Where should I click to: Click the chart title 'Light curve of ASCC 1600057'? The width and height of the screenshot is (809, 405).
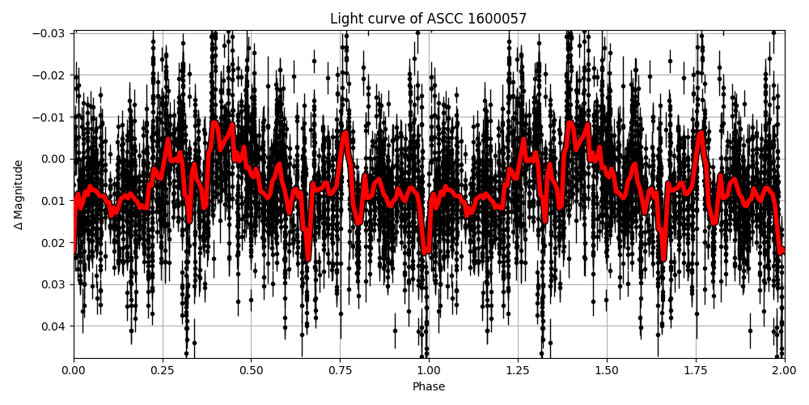pyautogui.click(x=428, y=19)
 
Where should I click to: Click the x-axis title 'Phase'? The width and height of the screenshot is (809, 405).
pyautogui.click(x=428, y=387)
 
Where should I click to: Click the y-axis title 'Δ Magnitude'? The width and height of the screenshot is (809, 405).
pyautogui.click(x=19, y=194)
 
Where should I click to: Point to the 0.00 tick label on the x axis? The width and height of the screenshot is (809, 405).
pyautogui.click(x=74, y=372)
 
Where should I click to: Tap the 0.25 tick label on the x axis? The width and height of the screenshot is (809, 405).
pyautogui.click(x=163, y=372)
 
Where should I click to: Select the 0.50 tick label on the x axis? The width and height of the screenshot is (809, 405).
pyautogui.click(x=251, y=372)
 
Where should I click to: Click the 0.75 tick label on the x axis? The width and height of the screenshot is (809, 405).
pyautogui.click(x=340, y=372)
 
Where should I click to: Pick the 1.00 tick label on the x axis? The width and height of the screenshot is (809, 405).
pyautogui.click(x=429, y=372)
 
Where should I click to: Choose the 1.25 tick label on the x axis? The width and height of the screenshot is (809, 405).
pyautogui.click(x=518, y=372)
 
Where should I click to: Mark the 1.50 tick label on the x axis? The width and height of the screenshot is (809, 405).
pyautogui.click(x=607, y=372)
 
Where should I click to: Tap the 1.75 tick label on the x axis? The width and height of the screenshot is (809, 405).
pyautogui.click(x=695, y=372)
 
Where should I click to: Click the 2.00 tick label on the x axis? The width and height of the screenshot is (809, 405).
pyautogui.click(x=784, y=372)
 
